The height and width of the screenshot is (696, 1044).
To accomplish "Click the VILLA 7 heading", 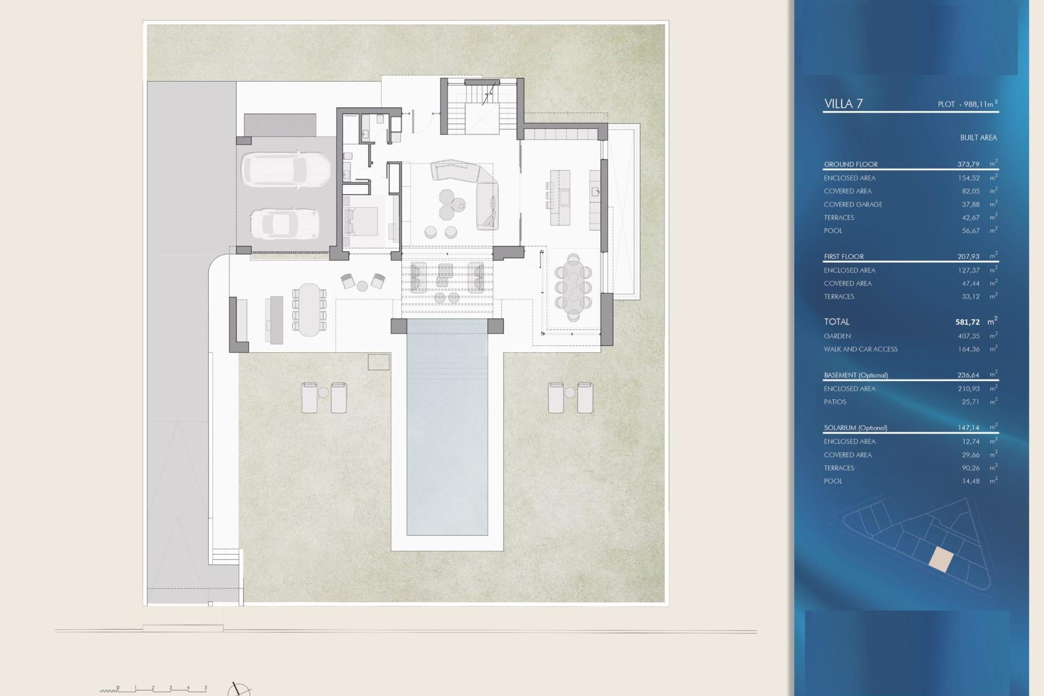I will [843, 104].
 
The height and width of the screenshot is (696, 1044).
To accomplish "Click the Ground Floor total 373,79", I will [968, 164].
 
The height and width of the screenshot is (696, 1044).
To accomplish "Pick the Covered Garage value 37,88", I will [970, 204].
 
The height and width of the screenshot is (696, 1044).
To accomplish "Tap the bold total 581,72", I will [967, 322].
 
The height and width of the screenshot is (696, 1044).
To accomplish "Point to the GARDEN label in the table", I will [837, 336].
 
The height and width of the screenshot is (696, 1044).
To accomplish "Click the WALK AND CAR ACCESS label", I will [860, 349].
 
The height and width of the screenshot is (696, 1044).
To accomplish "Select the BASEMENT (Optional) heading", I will [855, 375].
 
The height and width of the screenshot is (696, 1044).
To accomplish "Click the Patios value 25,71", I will [970, 402].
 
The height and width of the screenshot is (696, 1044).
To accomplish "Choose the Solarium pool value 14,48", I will [970, 481].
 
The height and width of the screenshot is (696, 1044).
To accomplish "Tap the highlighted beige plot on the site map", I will [941, 560].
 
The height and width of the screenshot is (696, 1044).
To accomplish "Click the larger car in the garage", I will [285, 170].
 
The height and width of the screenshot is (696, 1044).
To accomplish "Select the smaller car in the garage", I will [284, 223].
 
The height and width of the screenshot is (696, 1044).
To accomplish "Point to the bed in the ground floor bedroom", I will [361, 221].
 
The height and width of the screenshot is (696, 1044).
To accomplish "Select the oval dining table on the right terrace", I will [573, 287].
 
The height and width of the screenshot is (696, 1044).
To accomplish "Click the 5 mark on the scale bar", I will [206, 688].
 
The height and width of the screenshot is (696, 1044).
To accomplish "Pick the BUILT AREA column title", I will [978, 138].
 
